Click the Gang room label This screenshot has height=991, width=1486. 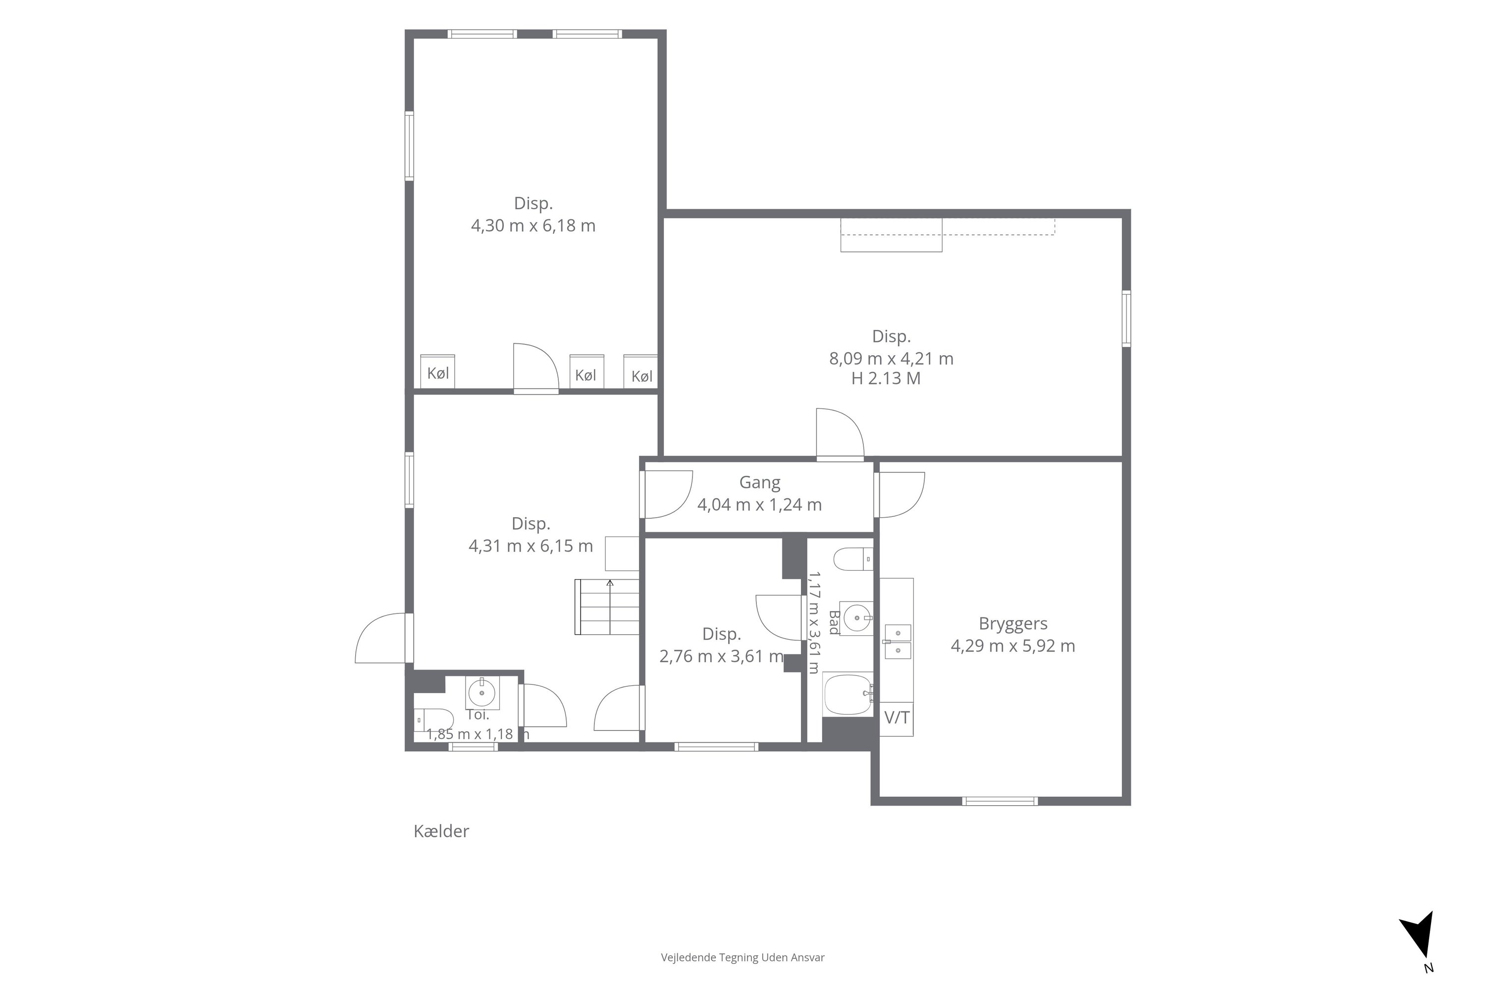(759, 482)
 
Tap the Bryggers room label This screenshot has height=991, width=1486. (1013, 623)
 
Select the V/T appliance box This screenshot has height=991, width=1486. (897, 718)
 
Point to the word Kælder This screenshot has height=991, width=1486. (441, 830)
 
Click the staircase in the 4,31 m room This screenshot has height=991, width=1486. (606, 606)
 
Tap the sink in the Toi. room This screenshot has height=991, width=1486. (482, 692)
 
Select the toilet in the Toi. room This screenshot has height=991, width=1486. (433, 720)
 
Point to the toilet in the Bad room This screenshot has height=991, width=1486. (853, 559)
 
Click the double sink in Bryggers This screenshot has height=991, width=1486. (897, 642)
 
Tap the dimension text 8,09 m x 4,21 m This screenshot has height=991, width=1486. (891, 359)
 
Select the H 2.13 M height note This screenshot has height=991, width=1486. (886, 379)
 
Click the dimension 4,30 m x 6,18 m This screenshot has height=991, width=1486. (533, 225)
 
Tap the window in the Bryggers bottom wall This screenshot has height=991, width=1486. (1000, 801)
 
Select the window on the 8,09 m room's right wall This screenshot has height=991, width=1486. (1126, 318)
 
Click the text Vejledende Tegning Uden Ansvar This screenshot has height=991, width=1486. (743, 957)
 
